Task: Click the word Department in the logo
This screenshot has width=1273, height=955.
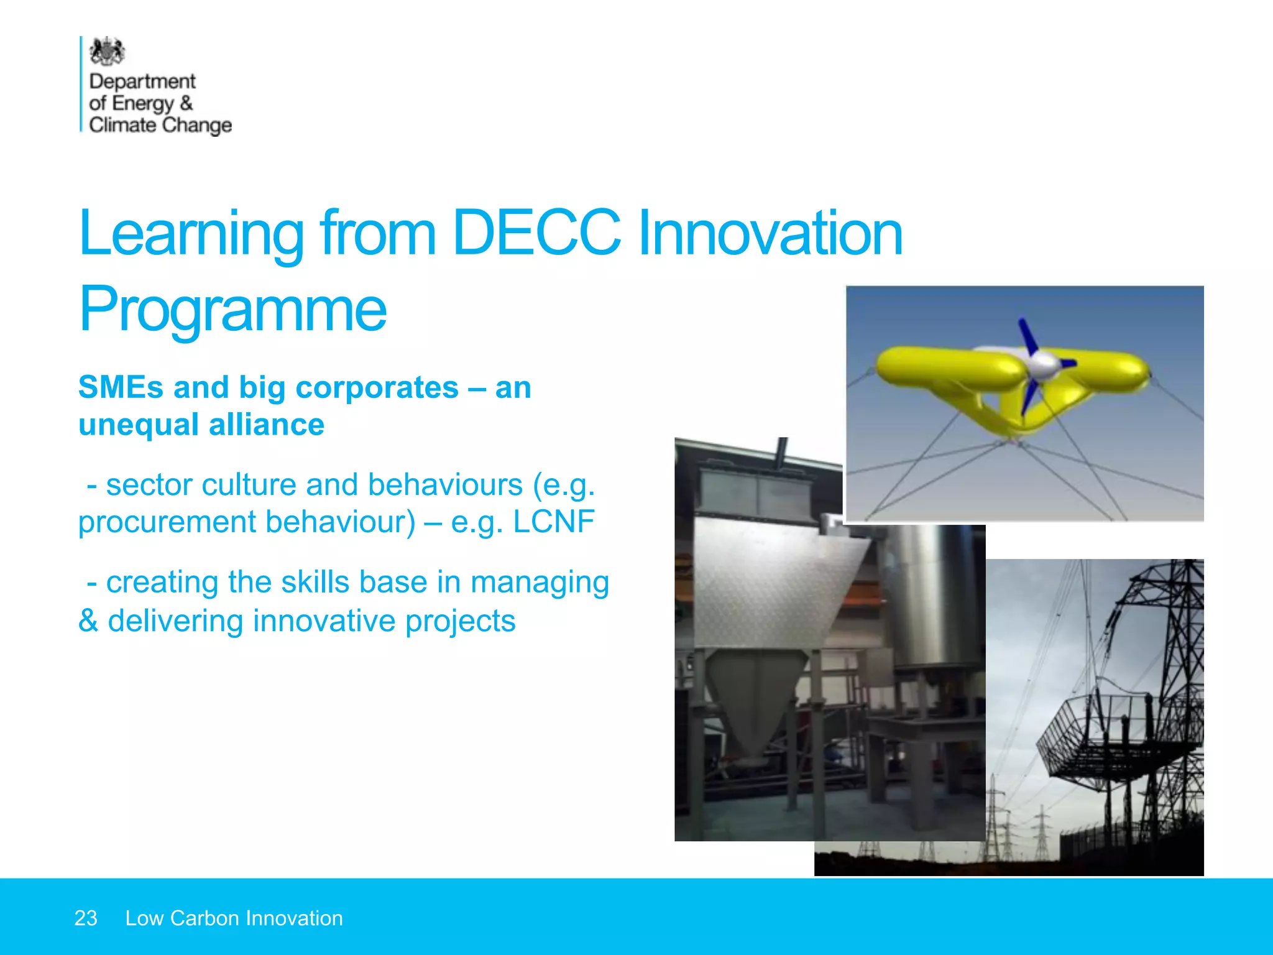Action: click(142, 81)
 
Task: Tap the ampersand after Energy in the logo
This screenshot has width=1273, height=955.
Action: click(186, 103)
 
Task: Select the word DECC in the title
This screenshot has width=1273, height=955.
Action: click(536, 233)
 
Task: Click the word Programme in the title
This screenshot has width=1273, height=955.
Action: click(233, 309)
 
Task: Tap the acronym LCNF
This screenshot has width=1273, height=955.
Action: click(553, 522)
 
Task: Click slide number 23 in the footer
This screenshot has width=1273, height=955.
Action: click(86, 918)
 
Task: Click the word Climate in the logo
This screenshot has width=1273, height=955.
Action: click(122, 125)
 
